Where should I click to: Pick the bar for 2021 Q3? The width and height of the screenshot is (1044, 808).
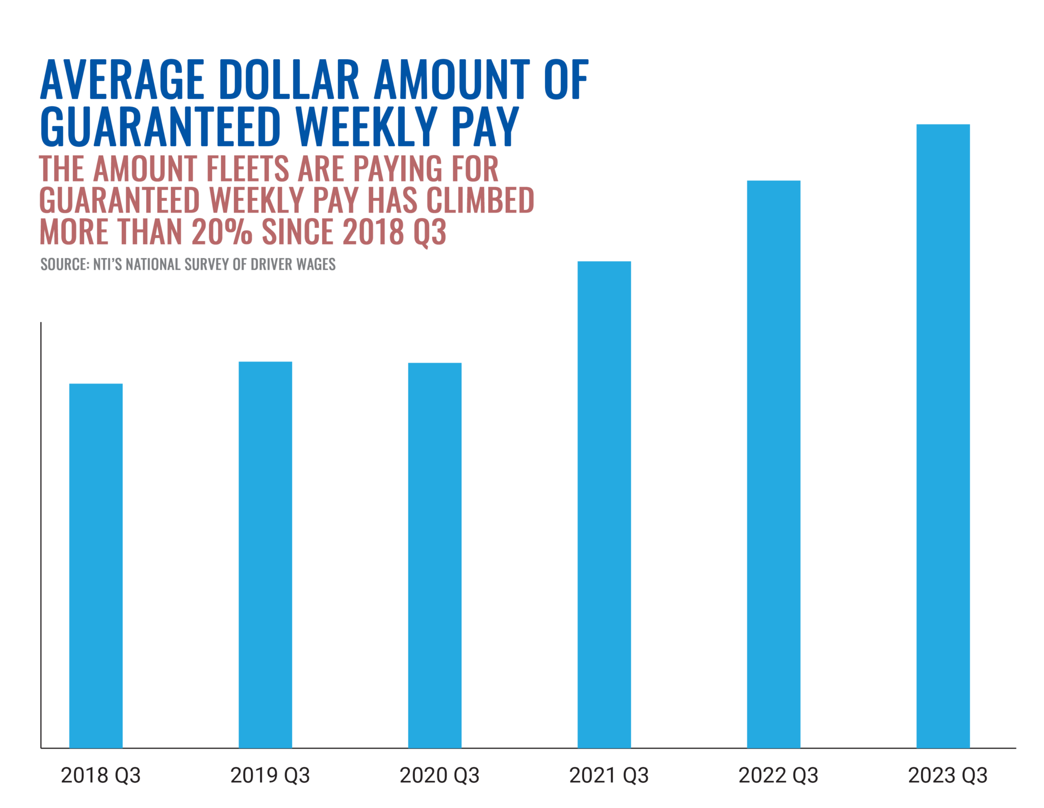click(x=604, y=504)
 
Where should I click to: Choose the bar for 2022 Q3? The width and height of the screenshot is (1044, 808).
click(x=773, y=463)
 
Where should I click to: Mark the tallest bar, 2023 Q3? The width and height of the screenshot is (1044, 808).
click(x=943, y=435)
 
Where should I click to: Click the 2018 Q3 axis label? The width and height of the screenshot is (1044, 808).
click(x=100, y=775)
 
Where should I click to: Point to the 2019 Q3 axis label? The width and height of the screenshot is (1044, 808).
click(x=270, y=775)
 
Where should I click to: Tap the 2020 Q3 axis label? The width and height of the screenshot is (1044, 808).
click(x=439, y=775)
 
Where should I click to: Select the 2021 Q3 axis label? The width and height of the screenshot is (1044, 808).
click(x=609, y=775)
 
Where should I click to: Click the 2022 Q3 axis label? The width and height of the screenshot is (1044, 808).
click(x=778, y=775)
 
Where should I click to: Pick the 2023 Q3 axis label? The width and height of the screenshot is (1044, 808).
click(x=948, y=775)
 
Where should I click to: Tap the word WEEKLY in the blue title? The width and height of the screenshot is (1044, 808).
click(x=366, y=126)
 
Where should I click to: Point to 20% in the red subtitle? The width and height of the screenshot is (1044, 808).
click(x=222, y=232)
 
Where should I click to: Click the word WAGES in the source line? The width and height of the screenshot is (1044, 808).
click(x=316, y=264)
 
